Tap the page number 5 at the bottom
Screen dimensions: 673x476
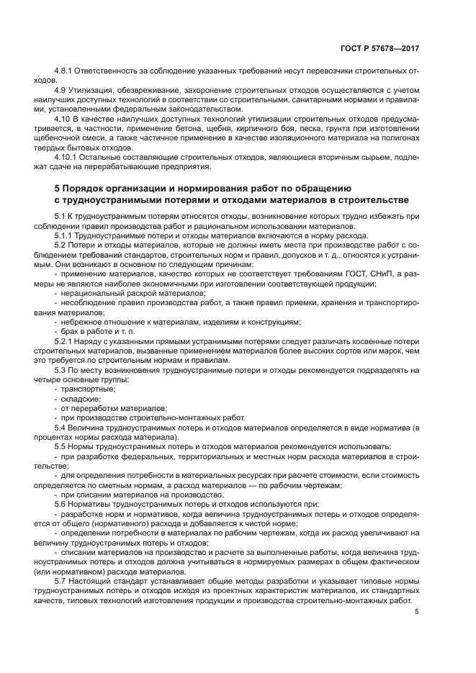[x=417, y=612]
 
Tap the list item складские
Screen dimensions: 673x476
[x=81, y=398]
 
